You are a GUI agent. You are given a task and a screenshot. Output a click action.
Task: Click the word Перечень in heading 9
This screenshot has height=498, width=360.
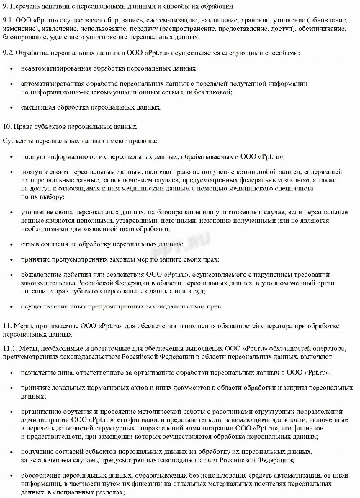(27, 6)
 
